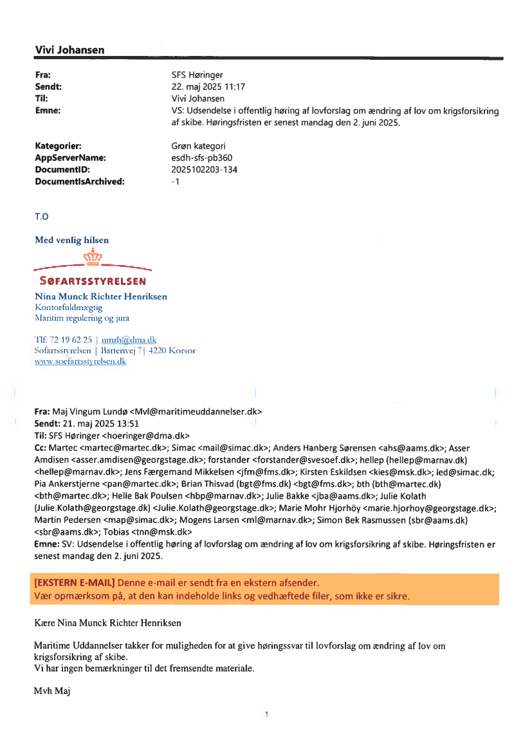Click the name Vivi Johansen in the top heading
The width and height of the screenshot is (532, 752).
tap(69, 50)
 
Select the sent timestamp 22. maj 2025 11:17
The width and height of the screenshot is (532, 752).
tap(204, 87)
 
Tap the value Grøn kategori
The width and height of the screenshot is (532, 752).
tap(194, 146)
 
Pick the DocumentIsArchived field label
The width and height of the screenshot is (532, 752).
tap(80, 181)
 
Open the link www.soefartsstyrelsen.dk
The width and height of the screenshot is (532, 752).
tap(80, 362)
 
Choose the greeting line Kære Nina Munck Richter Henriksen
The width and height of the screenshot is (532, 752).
tap(107, 623)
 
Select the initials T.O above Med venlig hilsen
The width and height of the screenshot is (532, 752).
tap(42, 217)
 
